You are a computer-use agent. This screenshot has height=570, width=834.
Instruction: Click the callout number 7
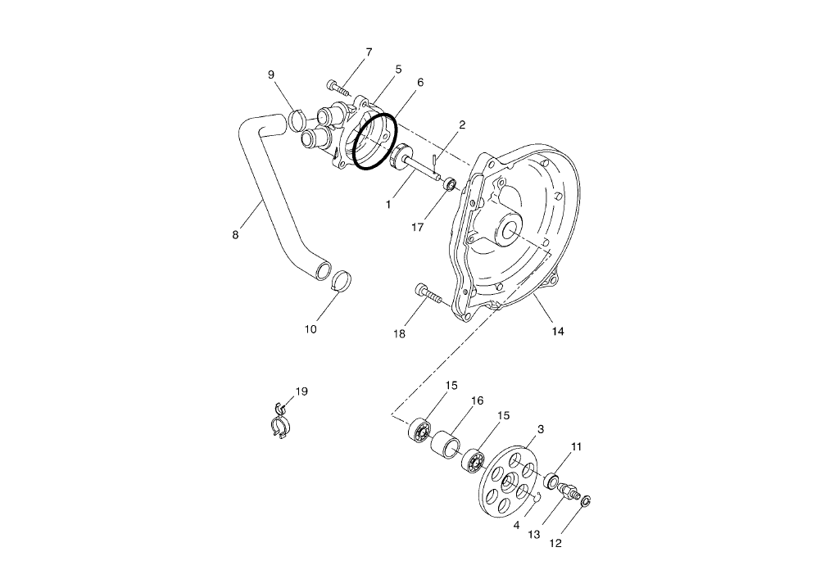(369, 52)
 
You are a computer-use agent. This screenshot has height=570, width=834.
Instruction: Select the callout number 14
(557, 332)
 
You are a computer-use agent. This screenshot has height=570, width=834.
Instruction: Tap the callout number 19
(301, 391)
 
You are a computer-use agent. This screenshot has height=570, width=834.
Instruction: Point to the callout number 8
(235, 235)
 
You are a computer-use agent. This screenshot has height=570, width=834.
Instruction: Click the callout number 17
(417, 228)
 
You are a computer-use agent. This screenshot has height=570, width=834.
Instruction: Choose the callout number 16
(477, 400)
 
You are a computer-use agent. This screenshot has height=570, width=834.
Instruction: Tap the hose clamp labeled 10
(343, 280)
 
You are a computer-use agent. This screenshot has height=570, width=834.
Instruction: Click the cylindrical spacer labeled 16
(448, 445)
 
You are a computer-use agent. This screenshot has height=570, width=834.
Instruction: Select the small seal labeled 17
(450, 186)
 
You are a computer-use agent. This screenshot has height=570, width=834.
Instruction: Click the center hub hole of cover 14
(508, 228)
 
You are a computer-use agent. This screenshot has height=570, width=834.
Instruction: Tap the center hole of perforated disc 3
(508, 480)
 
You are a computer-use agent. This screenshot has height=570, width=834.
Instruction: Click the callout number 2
(462, 125)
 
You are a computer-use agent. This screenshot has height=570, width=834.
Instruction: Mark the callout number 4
(516, 524)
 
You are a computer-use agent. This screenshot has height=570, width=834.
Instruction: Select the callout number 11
(577, 447)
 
